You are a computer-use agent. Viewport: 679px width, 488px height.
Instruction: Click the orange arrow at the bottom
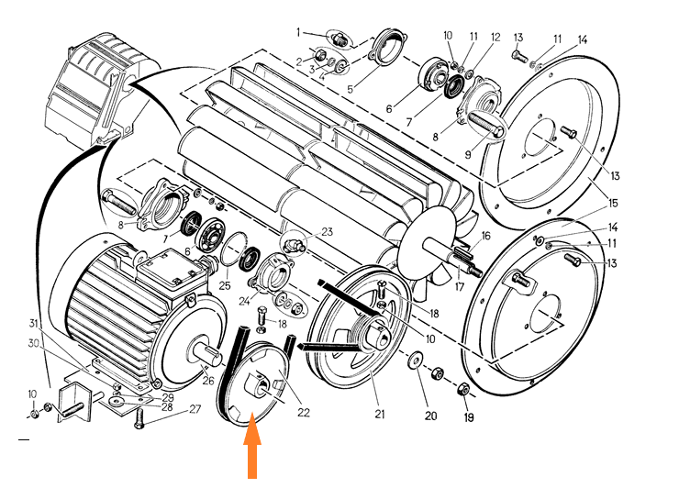coord(252,450)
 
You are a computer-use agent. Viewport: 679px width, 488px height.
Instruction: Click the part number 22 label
coord(304,412)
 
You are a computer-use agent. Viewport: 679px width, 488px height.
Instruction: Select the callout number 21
coord(379,414)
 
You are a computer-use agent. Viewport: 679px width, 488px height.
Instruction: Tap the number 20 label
coord(430,416)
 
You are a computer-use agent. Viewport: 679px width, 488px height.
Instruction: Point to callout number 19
coord(469,417)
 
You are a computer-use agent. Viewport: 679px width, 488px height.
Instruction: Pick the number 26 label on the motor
coord(208,381)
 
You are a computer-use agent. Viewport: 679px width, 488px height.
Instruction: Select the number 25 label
coord(225,286)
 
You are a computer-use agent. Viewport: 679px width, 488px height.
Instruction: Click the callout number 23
coord(327,232)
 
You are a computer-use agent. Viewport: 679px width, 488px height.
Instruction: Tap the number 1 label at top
coord(298,32)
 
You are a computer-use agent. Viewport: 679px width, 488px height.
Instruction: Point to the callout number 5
coord(351,89)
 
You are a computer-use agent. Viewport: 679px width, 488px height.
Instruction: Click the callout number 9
coord(467,154)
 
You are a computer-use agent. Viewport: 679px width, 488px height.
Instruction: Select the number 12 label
coord(495,38)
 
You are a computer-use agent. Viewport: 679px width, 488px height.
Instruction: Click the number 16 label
coord(486,236)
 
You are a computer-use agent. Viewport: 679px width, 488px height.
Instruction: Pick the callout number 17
coord(460,286)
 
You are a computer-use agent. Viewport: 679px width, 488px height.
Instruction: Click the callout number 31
coord(34,323)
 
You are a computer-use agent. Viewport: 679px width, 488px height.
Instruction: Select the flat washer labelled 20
coord(416,359)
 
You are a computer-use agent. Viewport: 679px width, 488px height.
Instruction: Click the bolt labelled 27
coord(139,418)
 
